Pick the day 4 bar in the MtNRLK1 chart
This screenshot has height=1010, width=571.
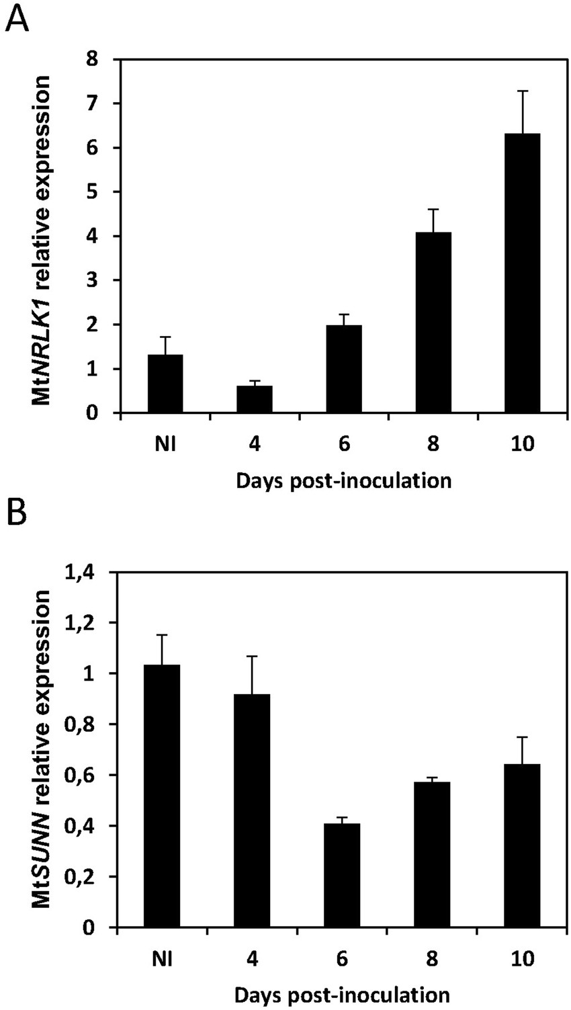tap(255, 399)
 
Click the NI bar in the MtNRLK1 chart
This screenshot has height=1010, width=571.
tap(165, 384)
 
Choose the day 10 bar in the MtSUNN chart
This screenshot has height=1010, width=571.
tap(522, 846)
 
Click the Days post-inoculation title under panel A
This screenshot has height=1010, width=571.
tap(343, 481)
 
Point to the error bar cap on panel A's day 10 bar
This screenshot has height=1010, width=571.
tap(523, 91)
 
